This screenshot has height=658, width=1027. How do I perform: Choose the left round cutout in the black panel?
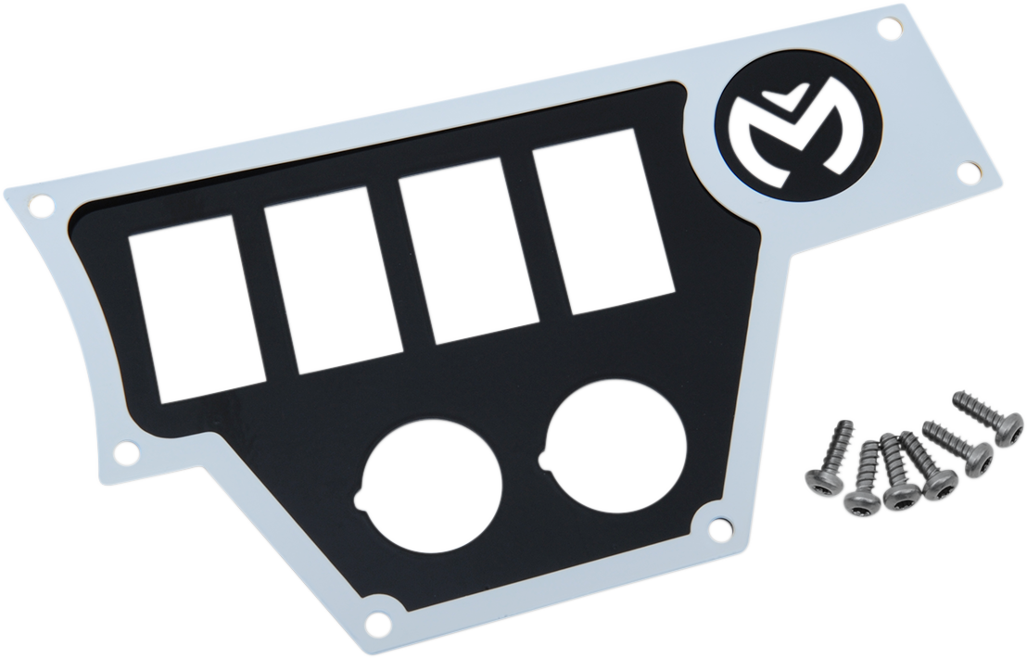(x=432, y=485)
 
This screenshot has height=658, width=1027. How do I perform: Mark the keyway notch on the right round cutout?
(x=543, y=457)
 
